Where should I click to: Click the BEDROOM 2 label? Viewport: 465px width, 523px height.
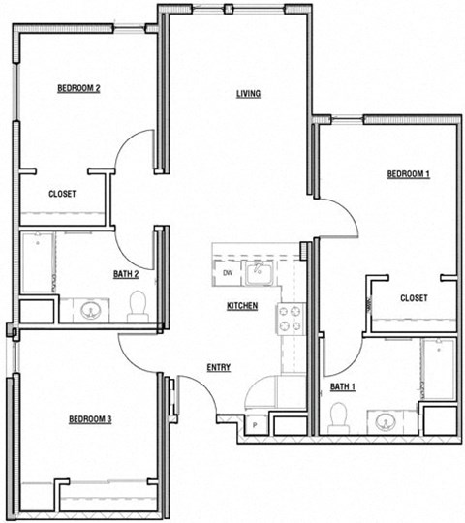tap(79, 89)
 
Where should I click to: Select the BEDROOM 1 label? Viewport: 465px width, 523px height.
tap(408, 174)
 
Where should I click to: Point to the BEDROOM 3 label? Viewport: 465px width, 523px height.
tap(90, 419)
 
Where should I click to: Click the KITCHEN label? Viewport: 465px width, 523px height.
tap(241, 306)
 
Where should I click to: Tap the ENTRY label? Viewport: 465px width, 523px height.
tap(218, 367)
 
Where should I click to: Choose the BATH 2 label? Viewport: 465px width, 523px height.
tap(126, 274)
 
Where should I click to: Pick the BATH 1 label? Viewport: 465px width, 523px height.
tap(343, 387)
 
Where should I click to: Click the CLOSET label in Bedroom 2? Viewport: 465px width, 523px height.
tap(62, 194)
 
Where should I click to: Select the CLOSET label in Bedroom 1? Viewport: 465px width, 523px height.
tap(414, 298)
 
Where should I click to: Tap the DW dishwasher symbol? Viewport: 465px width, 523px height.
tap(228, 273)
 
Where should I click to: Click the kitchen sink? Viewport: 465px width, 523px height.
tap(259, 273)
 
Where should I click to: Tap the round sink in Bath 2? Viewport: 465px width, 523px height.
tap(94, 310)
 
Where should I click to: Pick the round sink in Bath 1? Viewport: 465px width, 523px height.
tap(386, 420)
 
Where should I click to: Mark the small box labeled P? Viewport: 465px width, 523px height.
tap(255, 424)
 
